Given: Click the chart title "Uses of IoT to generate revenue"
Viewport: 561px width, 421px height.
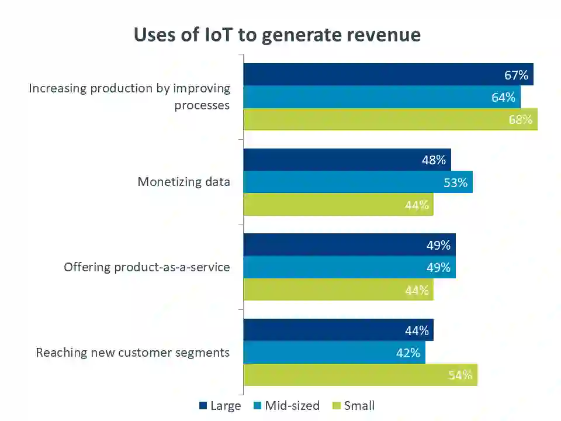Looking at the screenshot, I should point(277,35).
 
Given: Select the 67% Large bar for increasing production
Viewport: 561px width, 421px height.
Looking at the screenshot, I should point(388,75).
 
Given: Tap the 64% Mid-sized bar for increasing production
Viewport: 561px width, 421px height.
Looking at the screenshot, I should point(382,97).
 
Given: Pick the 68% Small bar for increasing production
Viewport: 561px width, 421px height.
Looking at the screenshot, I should point(390,119).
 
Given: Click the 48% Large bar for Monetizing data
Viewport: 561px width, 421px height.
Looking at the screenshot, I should point(347,160).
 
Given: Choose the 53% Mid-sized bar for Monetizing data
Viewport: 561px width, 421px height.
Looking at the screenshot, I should point(358,182).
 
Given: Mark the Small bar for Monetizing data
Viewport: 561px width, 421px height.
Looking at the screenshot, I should point(338,205).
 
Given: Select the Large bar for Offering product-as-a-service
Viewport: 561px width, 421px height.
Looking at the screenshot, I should point(349,245).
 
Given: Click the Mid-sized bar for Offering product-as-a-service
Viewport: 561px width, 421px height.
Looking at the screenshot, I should point(349,267).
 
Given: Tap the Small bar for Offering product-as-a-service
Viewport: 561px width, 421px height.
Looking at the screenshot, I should point(338,290).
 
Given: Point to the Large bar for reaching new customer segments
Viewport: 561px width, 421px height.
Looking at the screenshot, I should point(338,330).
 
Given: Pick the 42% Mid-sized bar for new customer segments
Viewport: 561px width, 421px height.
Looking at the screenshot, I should point(334,353).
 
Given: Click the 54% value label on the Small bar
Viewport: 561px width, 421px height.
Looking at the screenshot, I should point(460,375).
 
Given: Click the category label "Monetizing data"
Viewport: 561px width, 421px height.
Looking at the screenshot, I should point(183,182).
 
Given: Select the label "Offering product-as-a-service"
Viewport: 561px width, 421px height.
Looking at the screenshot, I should point(147,267).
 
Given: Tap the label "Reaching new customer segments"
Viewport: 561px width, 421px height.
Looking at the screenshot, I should point(133,353).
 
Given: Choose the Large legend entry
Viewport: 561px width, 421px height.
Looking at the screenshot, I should point(220,406).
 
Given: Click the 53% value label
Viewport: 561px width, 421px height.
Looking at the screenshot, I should point(455,182).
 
